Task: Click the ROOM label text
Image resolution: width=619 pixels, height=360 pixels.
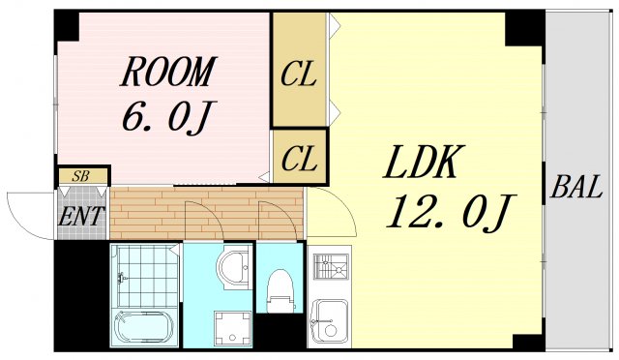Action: [x=167, y=72]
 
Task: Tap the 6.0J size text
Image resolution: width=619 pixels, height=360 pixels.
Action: [x=166, y=117]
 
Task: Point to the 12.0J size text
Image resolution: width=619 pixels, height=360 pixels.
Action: [x=449, y=211]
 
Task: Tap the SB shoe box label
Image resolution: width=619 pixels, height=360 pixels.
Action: [x=82, y=176]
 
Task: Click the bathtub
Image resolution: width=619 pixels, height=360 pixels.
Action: [x=143, y=327]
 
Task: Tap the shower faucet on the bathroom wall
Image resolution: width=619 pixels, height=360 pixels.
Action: [x=122, y=279]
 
